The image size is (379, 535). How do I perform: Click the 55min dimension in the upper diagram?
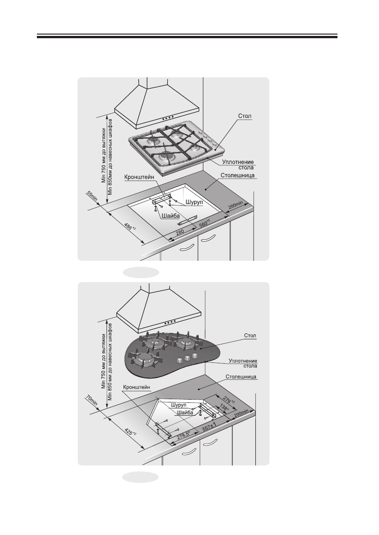pyautogui.click(x=91, y=197)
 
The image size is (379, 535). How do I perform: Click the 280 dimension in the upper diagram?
pyautogui.click(x=181, y=233)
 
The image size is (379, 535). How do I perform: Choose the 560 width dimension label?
pyautogui.click(x=204, y=225)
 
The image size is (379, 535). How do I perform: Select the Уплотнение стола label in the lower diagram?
pyautogui.click(x=243, y=363)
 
